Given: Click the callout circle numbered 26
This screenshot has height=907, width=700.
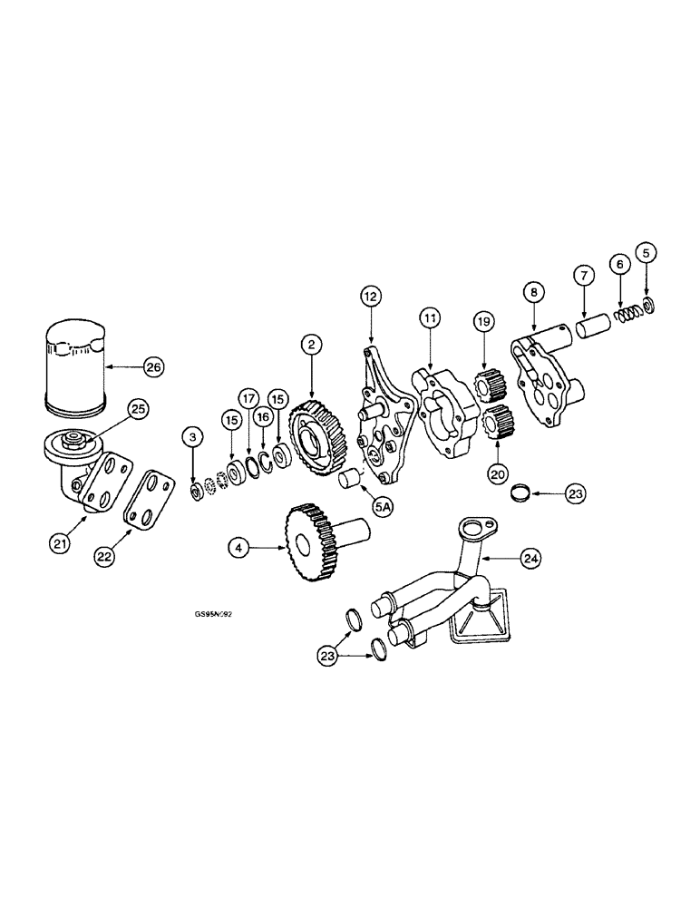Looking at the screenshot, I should (x=152, y=367).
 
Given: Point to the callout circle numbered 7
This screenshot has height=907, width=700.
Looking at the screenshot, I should (x=582, y=275).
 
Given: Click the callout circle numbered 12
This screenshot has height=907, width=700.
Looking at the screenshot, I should (x=371, y=296).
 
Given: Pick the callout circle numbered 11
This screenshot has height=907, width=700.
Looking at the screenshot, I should (x=429, y=317).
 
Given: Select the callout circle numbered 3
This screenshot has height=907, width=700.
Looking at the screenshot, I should (x=192, y=438).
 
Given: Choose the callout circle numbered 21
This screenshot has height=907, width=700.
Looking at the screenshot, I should (x=60, y=543).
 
